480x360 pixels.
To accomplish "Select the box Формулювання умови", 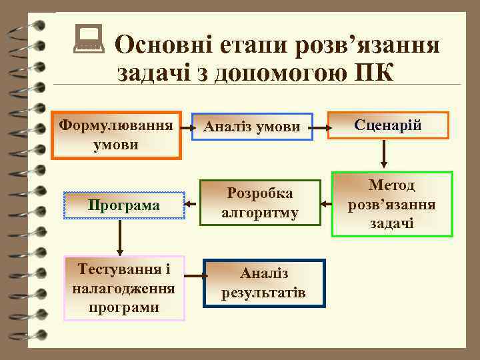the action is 117,135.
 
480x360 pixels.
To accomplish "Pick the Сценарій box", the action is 388,125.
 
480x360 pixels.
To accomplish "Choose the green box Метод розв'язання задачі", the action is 392,204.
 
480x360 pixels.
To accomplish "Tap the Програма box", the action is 124,205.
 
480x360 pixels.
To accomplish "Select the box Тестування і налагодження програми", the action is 124,288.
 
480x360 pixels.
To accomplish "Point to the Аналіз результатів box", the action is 264,283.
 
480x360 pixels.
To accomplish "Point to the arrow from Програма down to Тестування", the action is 120,237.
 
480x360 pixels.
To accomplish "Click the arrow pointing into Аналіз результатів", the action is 193,274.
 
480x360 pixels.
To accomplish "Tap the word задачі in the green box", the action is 392,223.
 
